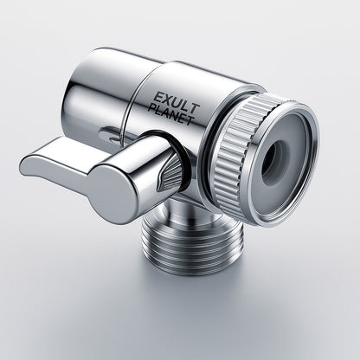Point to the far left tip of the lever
click(x=23, y=163)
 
